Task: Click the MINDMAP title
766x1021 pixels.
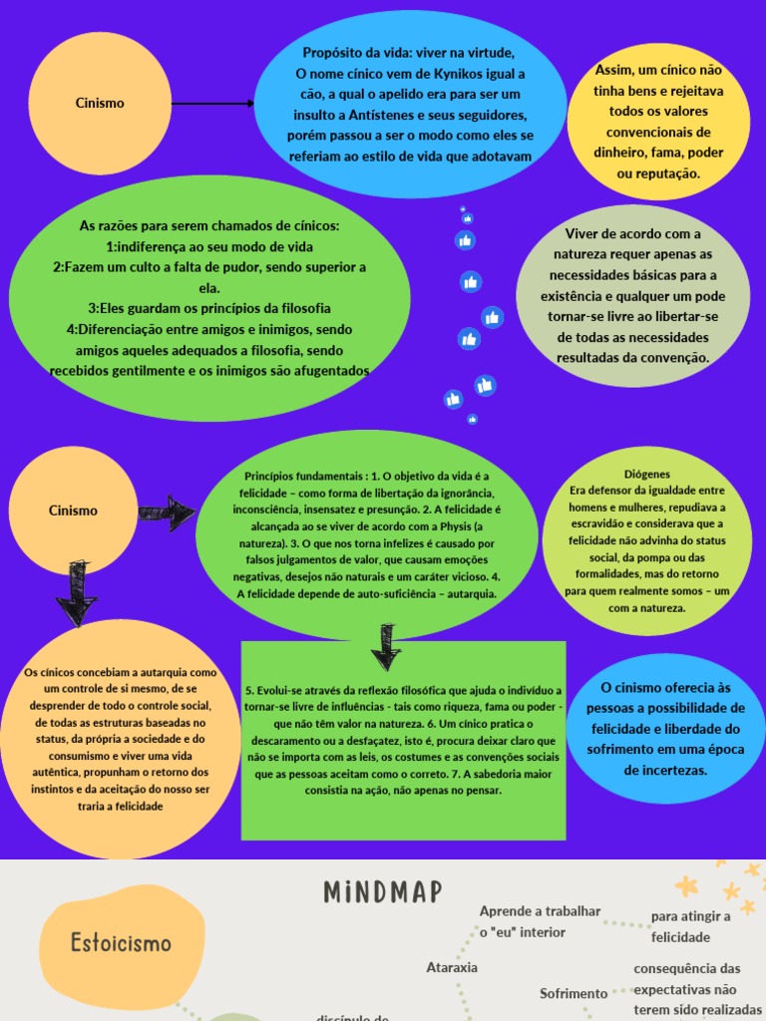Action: pos(383,892)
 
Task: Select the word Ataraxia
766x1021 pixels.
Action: pos(452,967)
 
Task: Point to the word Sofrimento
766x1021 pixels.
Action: pos(574,993)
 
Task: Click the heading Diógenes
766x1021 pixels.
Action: pos(646,475)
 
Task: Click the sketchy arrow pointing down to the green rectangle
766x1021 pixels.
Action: pos(385,646)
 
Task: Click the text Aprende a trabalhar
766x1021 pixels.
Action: pos(540,911)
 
